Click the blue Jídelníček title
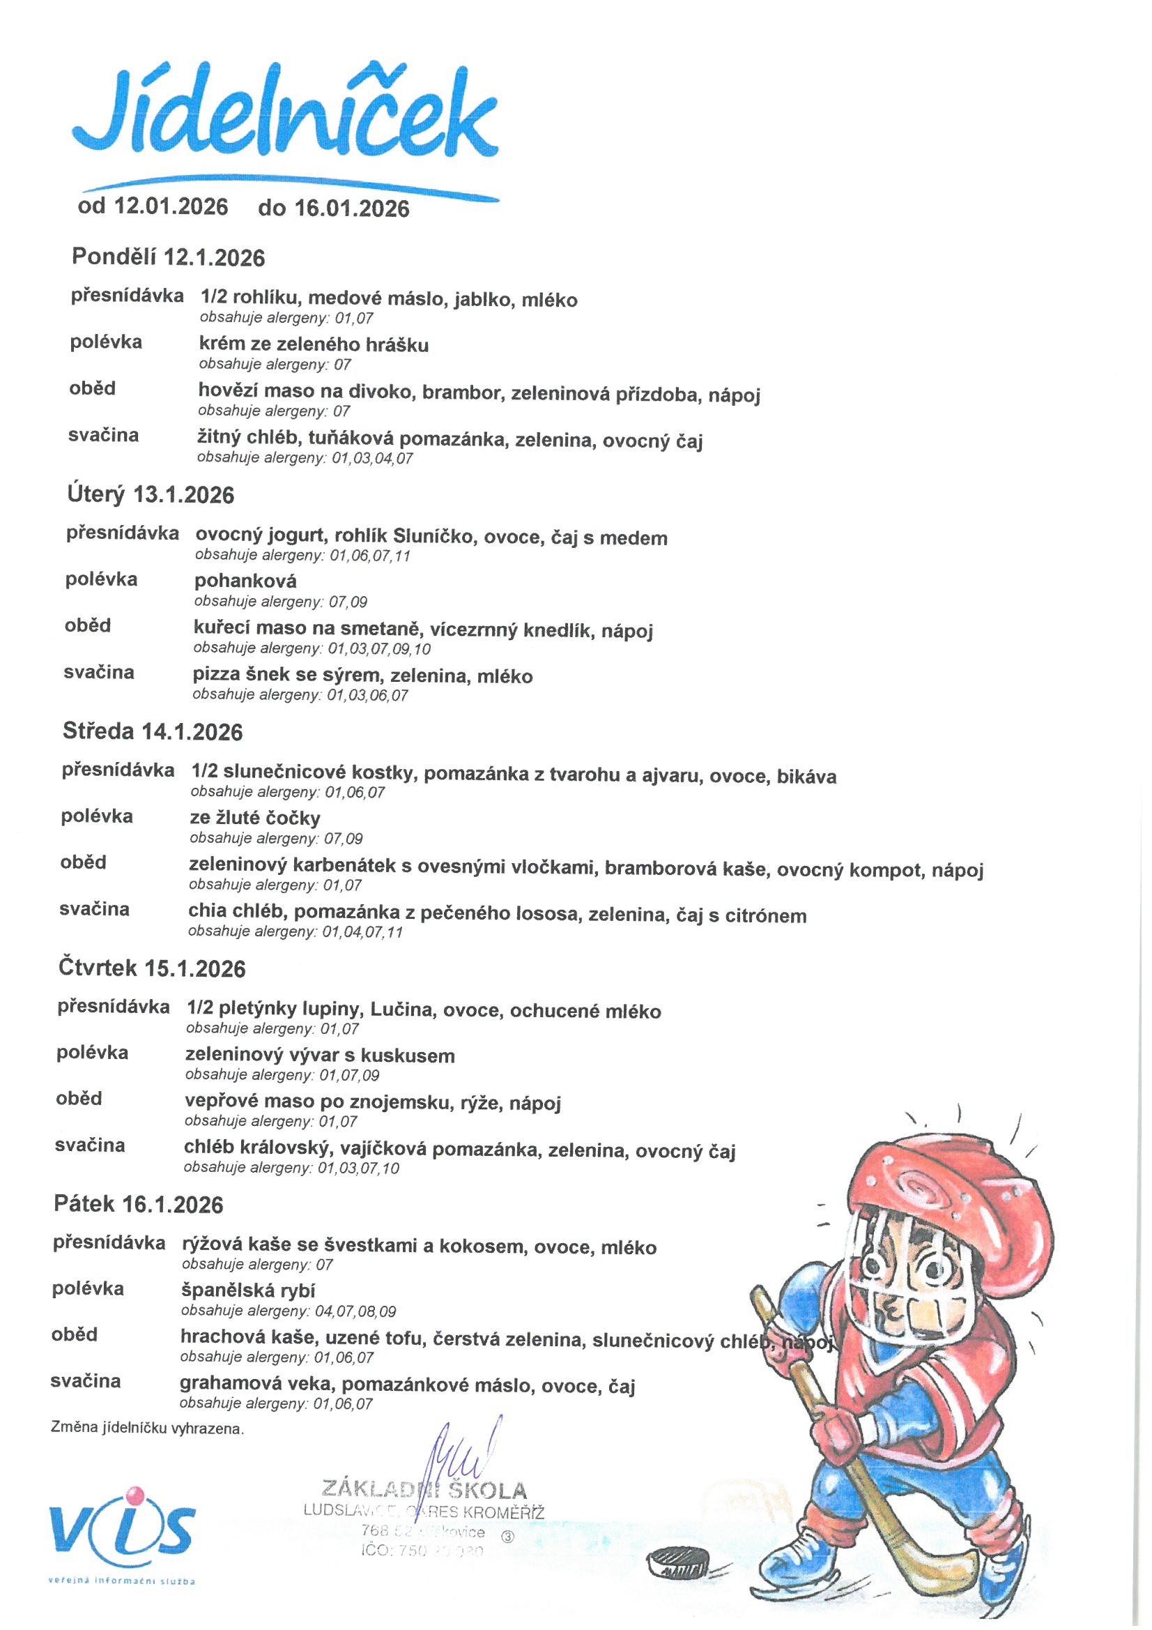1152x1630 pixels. pos(284,117)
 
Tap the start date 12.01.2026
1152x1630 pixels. pos(170,206)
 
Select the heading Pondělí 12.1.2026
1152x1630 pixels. pos(168,257)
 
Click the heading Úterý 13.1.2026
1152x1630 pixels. pos(151,494)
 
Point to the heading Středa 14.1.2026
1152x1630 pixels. pos(153,731)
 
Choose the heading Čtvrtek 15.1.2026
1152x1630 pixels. pos(152,968)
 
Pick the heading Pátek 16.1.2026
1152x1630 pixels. pos(139,1204)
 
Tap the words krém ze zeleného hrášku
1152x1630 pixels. pos(313,345)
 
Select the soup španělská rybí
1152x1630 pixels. pos(247,1290)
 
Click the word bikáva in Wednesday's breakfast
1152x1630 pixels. pos(806,776)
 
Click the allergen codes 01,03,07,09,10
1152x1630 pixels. pos(379,649)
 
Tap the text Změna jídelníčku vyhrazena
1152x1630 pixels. pos(147,1429)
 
